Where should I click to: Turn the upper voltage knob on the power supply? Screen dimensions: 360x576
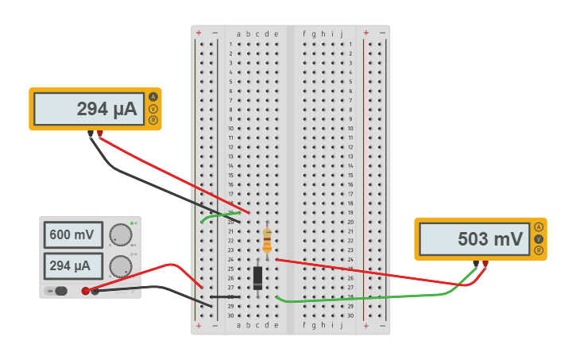pos(120,234)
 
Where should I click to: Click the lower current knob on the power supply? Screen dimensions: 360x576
pos(120,265)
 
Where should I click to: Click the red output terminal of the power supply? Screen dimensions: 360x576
pos(86,291)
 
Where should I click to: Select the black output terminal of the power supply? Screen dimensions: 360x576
pos(95,291)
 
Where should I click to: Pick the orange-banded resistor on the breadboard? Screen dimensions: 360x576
pos(267,240)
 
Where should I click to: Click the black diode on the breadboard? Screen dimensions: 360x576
pos(257,277)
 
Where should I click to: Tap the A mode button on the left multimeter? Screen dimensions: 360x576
pos(153,97)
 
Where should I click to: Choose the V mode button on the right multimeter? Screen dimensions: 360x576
pos(539,239)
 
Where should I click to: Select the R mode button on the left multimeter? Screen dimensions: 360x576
pos(153,120)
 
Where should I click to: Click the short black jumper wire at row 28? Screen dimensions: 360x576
pos(229,296)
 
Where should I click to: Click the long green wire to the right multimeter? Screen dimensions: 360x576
pos(365,299)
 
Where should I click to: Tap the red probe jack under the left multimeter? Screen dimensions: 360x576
pos(100,134)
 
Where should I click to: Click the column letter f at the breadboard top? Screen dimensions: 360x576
pos(303,33)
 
